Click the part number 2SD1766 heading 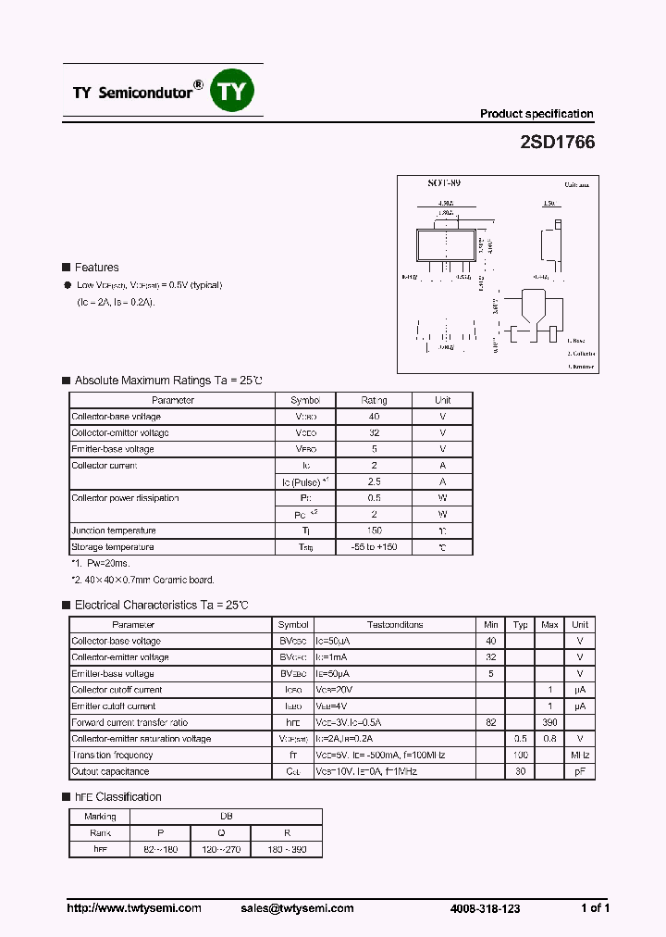[557, 144]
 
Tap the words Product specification [536, 114]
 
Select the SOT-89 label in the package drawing [444, 183]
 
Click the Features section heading [96, 268]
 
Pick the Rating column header [374, 400]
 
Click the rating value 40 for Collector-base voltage [374, 417]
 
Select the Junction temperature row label [114, 531]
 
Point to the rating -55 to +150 [374, 547]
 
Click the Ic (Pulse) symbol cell [305, 481]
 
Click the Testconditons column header [395, 625]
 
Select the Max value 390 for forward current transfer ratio [549, 722]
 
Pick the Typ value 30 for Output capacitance [521, 771]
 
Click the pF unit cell [580, 771]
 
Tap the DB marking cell [226, 817]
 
